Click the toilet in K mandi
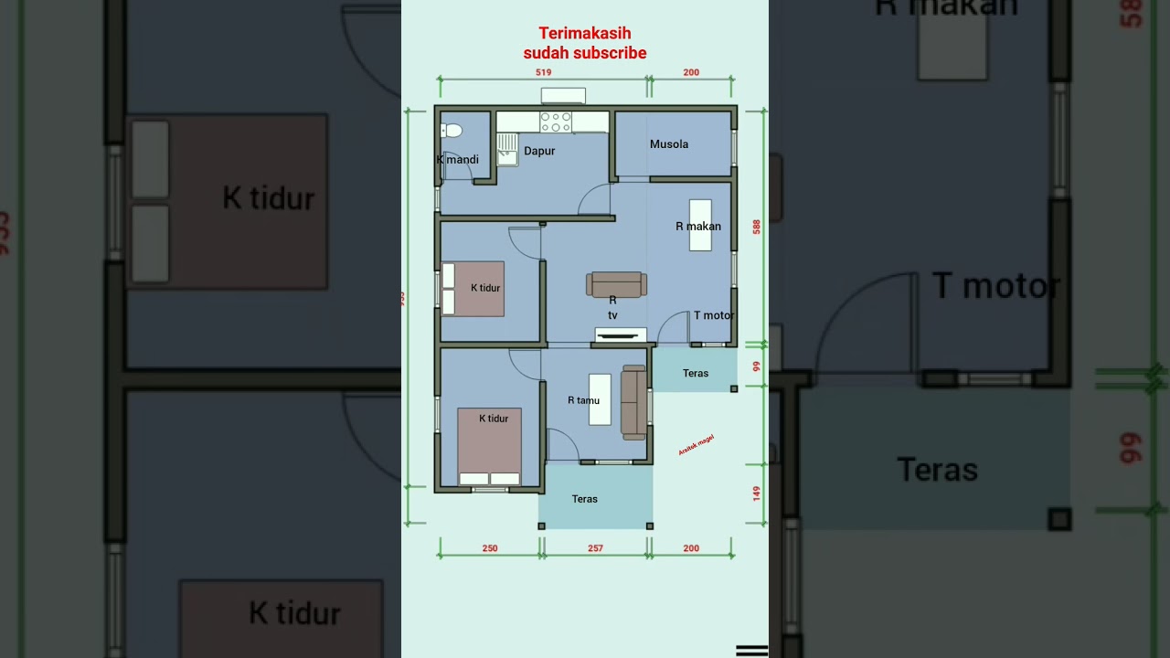(452, 131)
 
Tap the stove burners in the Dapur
(556, 122)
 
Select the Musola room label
(669, 144)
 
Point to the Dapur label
(539, 151)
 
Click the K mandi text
(458, 160)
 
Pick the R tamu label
(583, 400)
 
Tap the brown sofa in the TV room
(616, 284)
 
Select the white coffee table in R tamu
(600, 399)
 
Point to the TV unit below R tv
(621, 335)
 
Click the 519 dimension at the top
(543, 72)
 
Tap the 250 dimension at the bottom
(490, 548)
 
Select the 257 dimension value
(595, 548)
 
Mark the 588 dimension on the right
(757, 227)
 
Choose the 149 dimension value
(757, 493)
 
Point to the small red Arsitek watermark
(696, 445)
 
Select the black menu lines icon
(751, 650)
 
